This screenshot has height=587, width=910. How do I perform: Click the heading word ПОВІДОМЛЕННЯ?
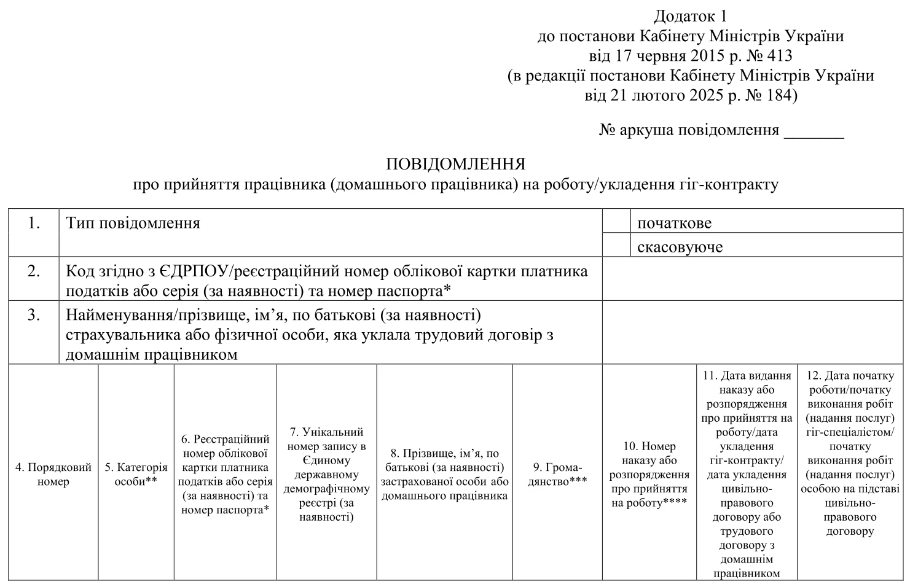(455, 165)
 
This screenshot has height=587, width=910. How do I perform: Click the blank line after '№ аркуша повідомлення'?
(814, 131)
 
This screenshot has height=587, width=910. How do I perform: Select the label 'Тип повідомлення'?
(133, 223)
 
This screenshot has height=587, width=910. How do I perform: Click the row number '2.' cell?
(34, 271)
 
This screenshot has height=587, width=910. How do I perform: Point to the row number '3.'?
(34, 316)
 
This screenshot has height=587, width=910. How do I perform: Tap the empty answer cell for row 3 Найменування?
(752, 332)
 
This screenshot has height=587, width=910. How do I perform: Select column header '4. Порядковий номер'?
(53, 474)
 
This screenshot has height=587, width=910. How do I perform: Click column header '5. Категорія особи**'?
(136, 474)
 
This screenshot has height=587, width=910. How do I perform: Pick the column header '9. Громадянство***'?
(557, 474)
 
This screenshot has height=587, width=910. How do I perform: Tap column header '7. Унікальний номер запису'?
(326, 474)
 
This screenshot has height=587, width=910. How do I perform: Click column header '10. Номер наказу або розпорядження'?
(649, 474)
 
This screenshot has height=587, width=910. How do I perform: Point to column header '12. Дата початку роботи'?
(850, 453)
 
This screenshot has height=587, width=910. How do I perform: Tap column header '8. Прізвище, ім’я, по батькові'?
(445, 474)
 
